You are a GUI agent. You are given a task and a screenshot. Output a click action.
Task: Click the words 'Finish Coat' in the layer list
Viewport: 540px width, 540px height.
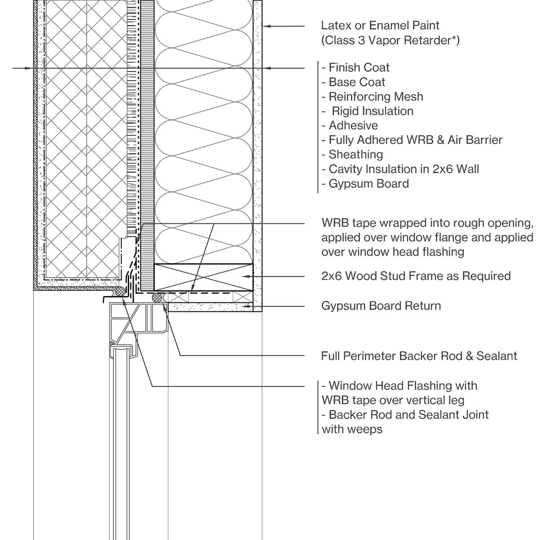[359, 68]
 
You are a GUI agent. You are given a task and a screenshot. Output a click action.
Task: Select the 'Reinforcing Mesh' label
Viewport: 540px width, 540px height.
[376, 97]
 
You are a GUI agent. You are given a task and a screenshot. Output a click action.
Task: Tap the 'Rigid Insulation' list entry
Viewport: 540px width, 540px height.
[373, 111]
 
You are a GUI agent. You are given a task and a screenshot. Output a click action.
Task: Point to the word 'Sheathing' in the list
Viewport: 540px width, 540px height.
[356, 154]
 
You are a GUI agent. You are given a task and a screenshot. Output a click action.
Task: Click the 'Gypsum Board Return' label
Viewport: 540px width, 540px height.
[381, 306]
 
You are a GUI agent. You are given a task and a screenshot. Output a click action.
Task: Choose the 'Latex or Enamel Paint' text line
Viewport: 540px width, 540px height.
[380, 26]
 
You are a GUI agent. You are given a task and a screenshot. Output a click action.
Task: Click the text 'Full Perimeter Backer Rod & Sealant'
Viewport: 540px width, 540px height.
[419, 356]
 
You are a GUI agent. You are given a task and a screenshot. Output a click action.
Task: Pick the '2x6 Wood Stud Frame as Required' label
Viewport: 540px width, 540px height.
[416, 276]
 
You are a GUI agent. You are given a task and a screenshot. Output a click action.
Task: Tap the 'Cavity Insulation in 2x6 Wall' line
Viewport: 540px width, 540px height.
[404, 169]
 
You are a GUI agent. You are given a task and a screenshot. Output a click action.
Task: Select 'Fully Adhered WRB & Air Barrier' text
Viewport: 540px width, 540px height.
[415, 140]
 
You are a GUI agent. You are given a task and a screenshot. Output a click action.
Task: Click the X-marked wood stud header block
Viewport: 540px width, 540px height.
[203, 277]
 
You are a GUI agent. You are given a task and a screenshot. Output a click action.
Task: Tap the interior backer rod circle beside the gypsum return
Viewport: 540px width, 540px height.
[157, 297]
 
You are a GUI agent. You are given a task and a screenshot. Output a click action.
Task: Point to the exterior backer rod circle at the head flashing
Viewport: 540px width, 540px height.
[120, 292]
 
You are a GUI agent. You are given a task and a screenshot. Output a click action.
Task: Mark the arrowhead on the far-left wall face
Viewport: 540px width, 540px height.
[31, 68]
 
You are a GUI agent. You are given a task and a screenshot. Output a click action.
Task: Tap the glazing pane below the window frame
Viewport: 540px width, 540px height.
[121, 427]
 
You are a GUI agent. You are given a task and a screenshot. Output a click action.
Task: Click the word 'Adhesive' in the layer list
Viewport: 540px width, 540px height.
[353, 126]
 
